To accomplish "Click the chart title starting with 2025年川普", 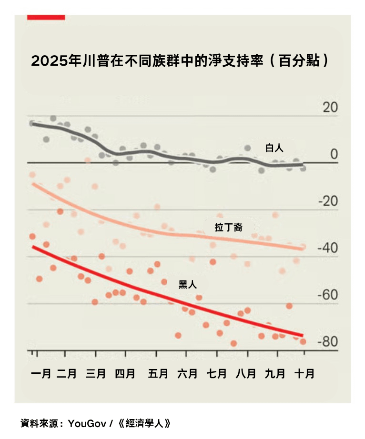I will [180, 61].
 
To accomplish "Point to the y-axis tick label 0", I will [334, 154].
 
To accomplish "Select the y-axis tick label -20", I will [327, 201].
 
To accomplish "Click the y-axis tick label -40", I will [327, 248].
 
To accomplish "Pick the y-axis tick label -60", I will [327, 295].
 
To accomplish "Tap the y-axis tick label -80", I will [327, 342].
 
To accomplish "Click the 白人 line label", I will [274, 148].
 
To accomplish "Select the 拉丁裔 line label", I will [229, 228].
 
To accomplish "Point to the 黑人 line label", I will [187, 285].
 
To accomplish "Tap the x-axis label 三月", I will [96, 373].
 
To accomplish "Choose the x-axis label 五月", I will [158, 373].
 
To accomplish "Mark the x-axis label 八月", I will [245, 373].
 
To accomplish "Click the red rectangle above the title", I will [46, 17].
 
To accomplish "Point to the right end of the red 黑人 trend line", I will [302, 335].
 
